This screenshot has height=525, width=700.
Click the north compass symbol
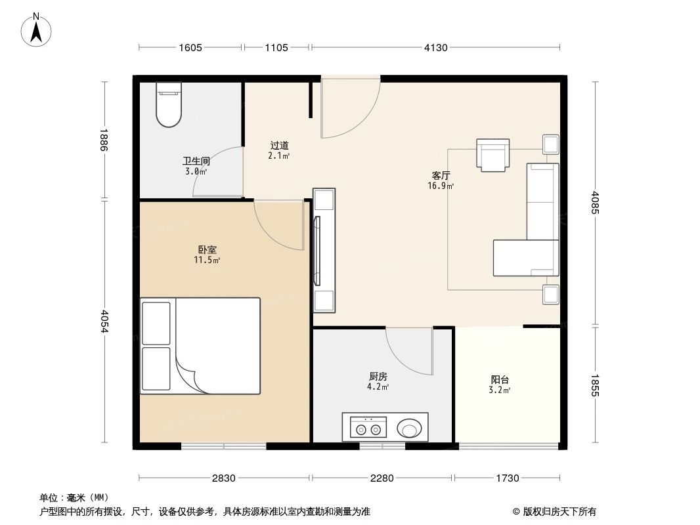pyautogui.click(x=37, y=29)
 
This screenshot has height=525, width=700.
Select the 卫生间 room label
pyautogui.click(x=196, y=161)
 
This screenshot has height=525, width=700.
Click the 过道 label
pyautogui.click(x=279, y=146)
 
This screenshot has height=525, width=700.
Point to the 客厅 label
pyautogui.click(x=441, y=176)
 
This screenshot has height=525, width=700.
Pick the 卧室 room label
pyautogui.click(x=207, y=250)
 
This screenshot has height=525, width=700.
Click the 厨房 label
pyautogui.click(x=378, y=377)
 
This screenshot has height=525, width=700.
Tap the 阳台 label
pyautogui.click(x=500, y=379)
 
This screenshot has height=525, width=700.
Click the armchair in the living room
pyautogui.click(x=492, y=155)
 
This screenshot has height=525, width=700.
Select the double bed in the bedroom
pyautogui.click(x=200, y=346)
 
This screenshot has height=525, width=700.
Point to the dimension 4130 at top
pyautogui.click(x=435, y=47)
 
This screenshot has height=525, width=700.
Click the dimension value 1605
pyautogui.click(x=190, y=47)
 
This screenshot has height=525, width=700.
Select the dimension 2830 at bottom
pyautogui.click(x=224, y=478)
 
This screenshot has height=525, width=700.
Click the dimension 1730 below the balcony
pyautogui.click(x=507, y=478)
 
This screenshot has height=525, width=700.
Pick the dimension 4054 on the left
pyautogui.click(x=104, y=321)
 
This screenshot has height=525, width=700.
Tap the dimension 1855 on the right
pyautogui.click(x=595, y=386)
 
